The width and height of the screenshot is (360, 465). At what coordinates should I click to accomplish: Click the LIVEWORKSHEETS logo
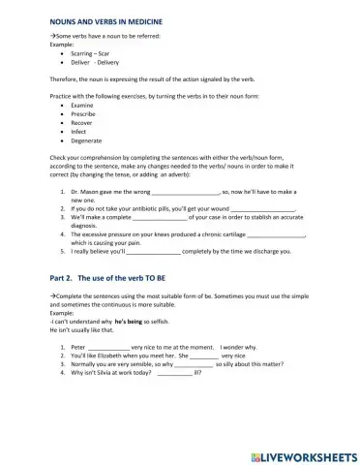[296, 451]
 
